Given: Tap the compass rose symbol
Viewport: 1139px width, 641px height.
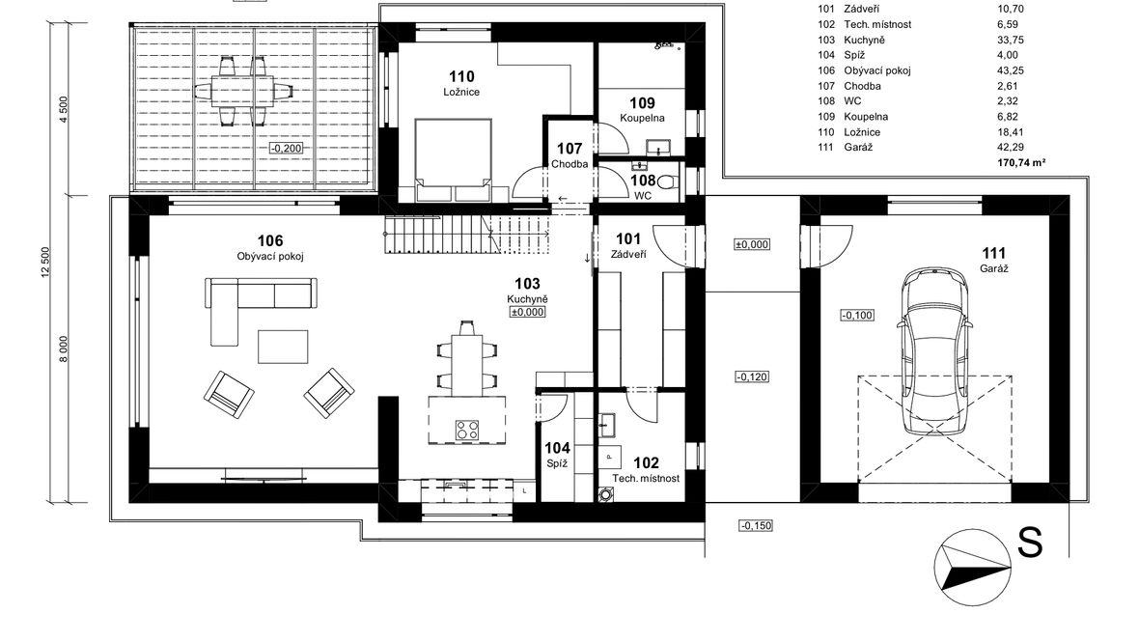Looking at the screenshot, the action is tap(973, 568).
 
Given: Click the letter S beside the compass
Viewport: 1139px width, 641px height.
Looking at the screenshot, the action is tap(1030, 543).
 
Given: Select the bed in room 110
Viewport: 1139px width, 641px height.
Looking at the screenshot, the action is tap(452, 160).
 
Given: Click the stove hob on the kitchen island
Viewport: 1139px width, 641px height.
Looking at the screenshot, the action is tap(467, 431).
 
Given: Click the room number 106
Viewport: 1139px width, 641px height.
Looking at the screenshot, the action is tap(270, 240).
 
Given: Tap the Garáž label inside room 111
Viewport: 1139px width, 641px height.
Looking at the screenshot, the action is tap(993, 268).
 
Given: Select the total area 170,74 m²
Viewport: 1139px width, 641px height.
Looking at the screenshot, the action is tap(1021, 163).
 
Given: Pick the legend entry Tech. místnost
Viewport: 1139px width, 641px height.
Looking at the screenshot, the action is tap(877, 25).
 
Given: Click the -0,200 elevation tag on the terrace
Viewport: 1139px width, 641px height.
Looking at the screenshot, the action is tap(287, 149).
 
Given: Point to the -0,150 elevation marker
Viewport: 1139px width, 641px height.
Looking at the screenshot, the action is tap(756, 525).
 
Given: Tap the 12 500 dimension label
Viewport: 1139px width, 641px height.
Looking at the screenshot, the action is tap(45, 263).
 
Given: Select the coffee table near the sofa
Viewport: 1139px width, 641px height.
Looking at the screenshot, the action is tap(283, 347).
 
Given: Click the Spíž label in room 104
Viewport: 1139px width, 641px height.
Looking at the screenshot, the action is tap(557, 463).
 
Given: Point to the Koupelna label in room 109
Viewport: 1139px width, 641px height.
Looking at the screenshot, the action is tap(642, 118).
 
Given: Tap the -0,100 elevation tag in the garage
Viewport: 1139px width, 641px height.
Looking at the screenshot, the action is tap(857, 316).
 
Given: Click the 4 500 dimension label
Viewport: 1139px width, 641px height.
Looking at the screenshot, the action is tap(63, 110).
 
